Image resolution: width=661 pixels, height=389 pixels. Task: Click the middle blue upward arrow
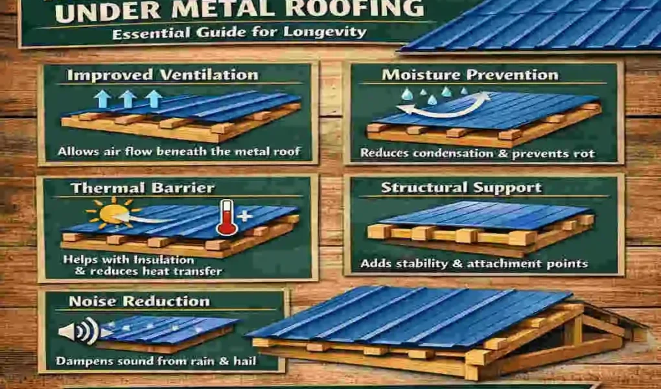click(x=128, y=99)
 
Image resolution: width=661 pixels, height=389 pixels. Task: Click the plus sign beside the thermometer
click(x=244, y=217)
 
